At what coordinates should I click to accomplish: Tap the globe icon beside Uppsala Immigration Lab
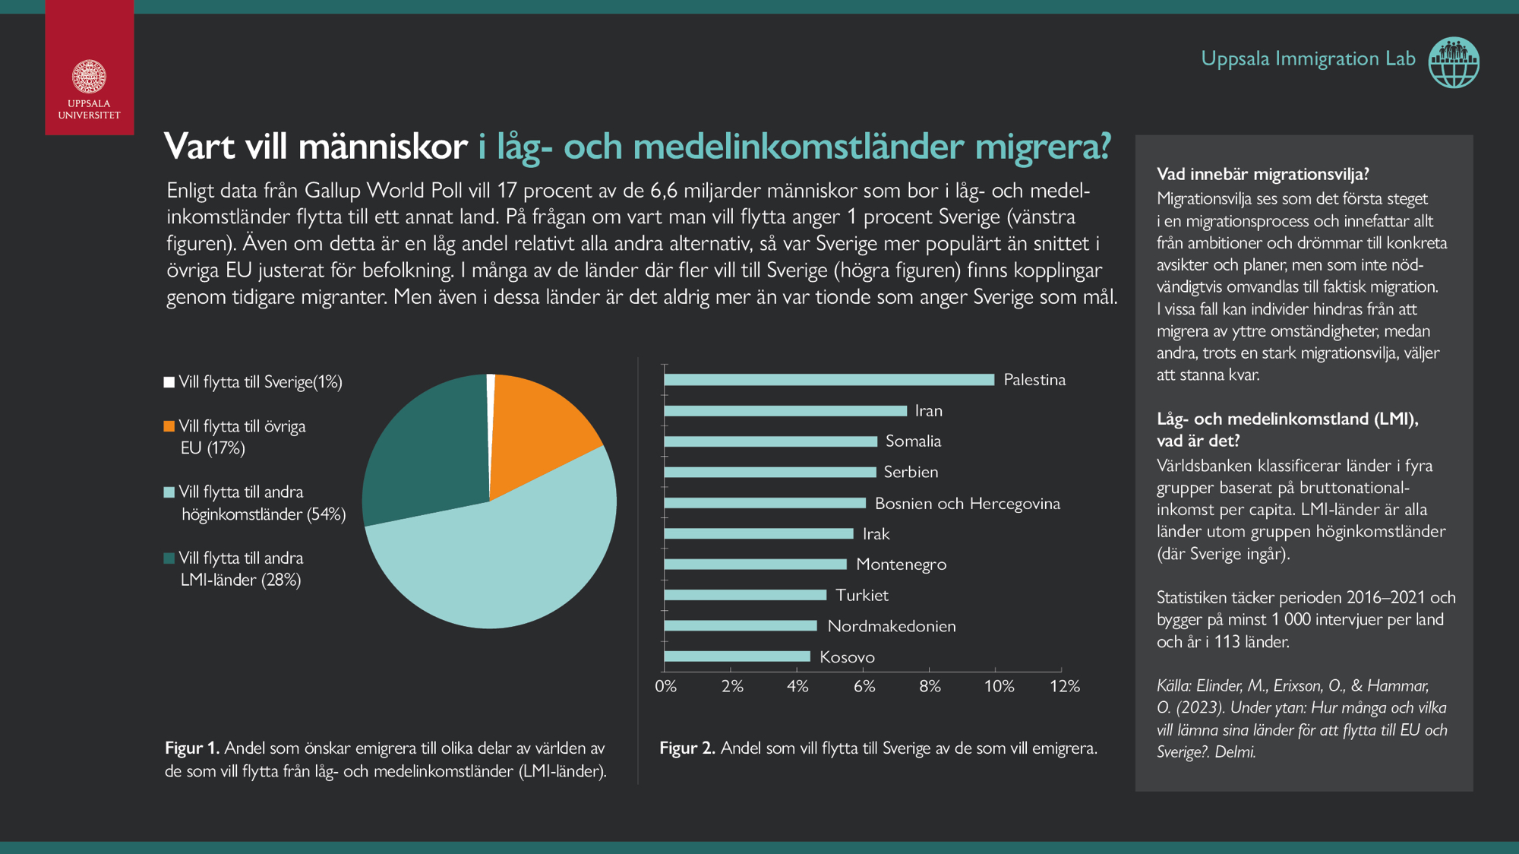click(1454, 62)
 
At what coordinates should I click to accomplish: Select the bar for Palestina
click(829, 380)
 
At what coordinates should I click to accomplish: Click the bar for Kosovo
click(737, 656)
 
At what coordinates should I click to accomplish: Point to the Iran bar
click(785, 411)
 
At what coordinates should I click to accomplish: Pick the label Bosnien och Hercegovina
click(967, 504)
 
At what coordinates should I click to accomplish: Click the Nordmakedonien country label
click(891, 626)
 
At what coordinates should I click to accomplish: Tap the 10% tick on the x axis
click(999, 686)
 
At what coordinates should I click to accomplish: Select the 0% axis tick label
click(666, 686)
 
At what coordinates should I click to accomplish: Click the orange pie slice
click(539, 429)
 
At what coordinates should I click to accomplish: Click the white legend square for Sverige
click(169, 382)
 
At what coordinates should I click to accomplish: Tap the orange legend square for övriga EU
click(169, 426)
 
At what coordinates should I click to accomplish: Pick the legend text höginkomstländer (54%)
click(264, 514)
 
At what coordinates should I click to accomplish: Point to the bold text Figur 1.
click(192, 748)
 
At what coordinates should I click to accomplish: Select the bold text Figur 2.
click(687, 748)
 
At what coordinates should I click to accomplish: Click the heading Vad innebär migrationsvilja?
click(1262, 174)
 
